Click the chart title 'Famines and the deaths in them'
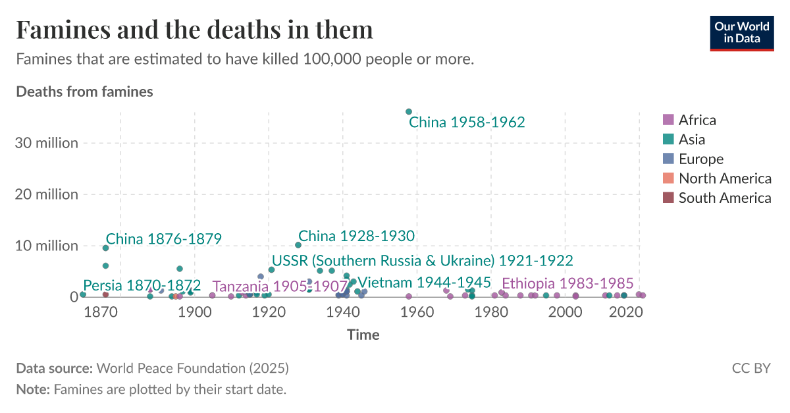point(194,30)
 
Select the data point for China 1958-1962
point(409,112)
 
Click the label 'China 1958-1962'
point(467,123)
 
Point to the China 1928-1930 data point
point(298,245)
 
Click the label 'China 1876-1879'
point(163,238)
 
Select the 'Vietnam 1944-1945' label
point(424,283)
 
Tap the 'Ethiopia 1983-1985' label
point(567,283)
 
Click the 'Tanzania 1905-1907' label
point(280,287)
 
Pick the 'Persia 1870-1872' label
point(142,286)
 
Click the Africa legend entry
point(697,120)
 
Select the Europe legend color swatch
point(668,159)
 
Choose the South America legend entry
point(724,198)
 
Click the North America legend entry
point(724,178)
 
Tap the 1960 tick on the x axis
point(415,311)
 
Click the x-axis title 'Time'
point(363,335)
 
